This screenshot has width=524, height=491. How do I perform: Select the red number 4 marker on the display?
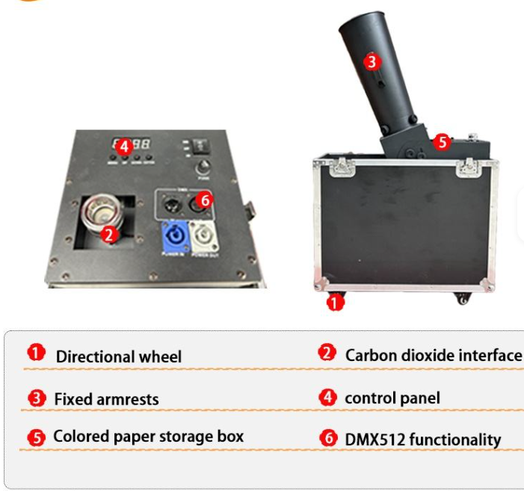coord(125,146)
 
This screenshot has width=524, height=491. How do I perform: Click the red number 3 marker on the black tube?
coord(372,62)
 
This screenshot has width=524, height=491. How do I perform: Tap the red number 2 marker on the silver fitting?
coord(109,234)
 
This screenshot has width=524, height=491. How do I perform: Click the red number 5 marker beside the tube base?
coord(442,140)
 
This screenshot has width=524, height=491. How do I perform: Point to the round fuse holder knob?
coord(202,168)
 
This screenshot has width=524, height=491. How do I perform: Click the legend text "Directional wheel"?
coord(118,356)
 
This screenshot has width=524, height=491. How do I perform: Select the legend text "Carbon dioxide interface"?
coord(434,355)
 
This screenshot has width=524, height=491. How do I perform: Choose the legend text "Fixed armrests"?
coord(106,399)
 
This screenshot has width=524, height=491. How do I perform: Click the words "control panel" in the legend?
coord(392,398)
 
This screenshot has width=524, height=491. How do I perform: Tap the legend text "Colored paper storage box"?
coord(148,436)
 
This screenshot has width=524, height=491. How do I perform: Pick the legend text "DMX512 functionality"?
coord(422,439)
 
